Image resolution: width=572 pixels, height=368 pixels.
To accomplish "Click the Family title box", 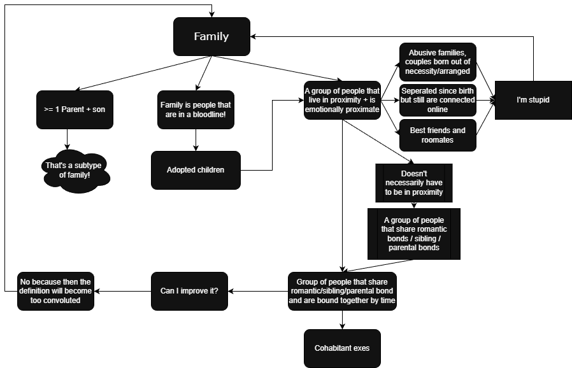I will coord(211,36).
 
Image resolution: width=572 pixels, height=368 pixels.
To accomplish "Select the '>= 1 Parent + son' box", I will coord(75,110).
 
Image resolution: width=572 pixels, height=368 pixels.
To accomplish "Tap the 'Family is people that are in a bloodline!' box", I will coord(196,110).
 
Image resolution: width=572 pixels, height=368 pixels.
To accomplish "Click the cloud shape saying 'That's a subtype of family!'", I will coord(74,170).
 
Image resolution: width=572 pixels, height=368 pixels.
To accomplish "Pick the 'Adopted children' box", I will coord(196,170).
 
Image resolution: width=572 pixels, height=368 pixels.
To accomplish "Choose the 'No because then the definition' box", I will coord(55,291).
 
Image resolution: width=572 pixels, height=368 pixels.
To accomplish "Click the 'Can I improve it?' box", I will coord(189,291).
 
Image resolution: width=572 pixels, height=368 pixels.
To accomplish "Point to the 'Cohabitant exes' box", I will coord(342,348).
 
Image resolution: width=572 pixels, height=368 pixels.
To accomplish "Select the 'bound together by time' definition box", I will coord(342,291).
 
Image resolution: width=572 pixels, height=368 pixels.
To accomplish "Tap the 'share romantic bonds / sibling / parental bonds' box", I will coord(414,234).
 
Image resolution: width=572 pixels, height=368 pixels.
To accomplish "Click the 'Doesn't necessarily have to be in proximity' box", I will coord(414,183).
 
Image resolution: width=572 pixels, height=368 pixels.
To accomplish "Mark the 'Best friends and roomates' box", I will coord(438,135).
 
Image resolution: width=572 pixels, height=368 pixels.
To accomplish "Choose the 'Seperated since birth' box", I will coord(438,100).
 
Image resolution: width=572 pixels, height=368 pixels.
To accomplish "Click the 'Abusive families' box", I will coord(438,62).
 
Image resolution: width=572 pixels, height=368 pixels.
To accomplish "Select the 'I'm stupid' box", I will coord(533,100).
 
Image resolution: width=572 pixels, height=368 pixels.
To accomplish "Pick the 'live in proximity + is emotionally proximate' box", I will coord(342,100).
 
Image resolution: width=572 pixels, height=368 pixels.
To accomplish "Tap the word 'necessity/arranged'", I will coord(438,71).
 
